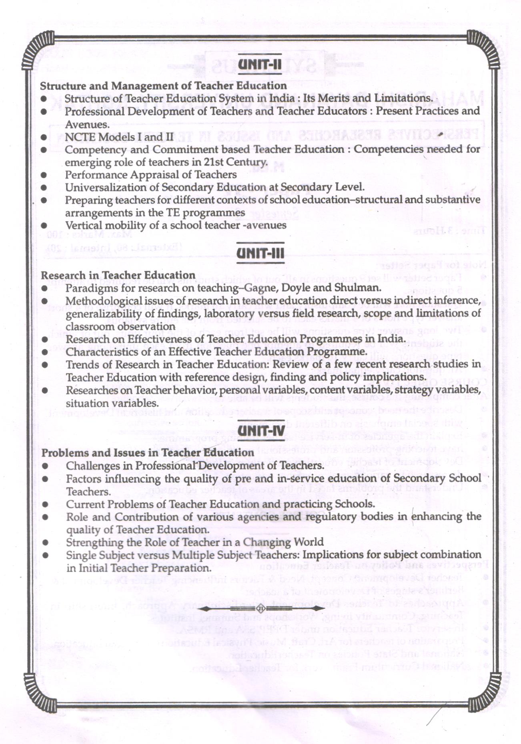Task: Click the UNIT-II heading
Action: click(260, 64)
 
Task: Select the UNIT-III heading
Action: click(260, 253)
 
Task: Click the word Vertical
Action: click(83, 226)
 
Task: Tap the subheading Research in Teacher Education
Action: click(118, 275)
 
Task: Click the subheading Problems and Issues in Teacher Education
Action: click(148, 453)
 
